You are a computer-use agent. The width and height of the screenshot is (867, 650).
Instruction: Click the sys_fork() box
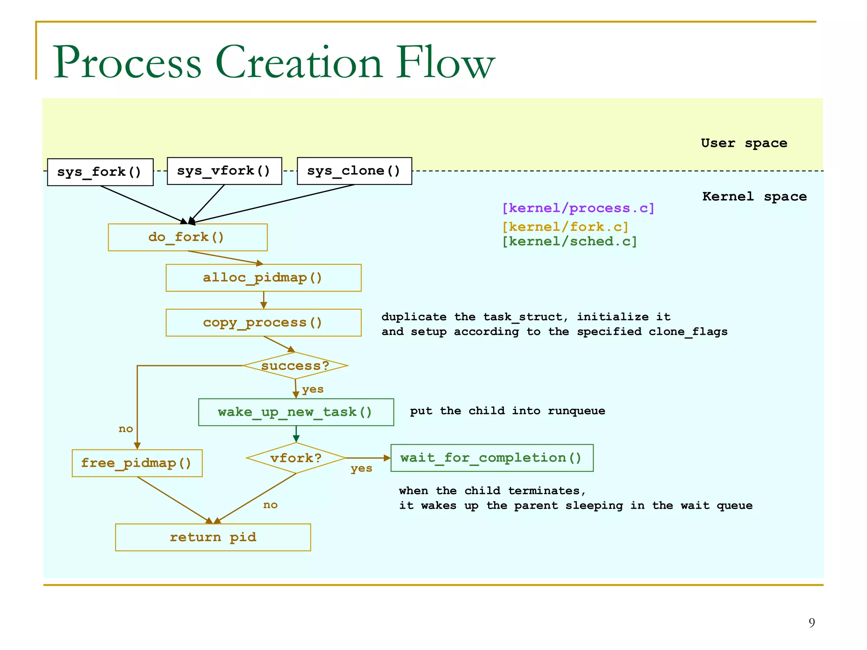pyautogui.click(x=100, y=172)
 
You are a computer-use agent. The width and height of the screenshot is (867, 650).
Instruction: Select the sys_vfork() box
pyautogui.click(x=224, y=171)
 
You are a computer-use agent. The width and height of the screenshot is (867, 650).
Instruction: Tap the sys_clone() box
pyautogui.click(x=354, y=171)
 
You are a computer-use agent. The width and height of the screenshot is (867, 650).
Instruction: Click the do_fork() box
pyautogui.click(x=187, y=237)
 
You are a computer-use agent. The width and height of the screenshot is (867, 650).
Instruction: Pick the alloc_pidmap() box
pyautogui.click(x=263, y=278)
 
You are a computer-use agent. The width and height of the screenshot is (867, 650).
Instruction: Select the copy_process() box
pyautogui.click(x=263, y=323)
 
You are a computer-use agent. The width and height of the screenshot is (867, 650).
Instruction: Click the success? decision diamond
pyautogui.click(x=295, y=366)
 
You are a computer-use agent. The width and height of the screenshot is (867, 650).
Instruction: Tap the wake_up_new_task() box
pyautogui.click(x=295, y=412)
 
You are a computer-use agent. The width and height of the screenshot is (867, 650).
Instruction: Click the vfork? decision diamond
pyautogui.click(x=296, y=458)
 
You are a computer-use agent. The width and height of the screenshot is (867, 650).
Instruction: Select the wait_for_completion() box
pyautogui.click(x=491, y=458)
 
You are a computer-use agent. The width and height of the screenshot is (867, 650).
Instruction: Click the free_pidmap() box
pyautogui.click(x=137, y=463)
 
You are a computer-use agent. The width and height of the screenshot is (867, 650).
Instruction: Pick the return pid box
pyautogui.click(x=213, y=537)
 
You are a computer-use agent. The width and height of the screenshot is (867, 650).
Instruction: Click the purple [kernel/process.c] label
pyautogui.click(x=578, y=208)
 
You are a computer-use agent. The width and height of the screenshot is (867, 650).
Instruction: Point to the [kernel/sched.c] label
pyautogui.click(x=569, y=242)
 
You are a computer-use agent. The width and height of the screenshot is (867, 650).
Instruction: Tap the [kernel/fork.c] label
pyautogui.click(x=565, y=227)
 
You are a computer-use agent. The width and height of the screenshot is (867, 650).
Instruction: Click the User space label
pyautogui.click(x=744, y=143)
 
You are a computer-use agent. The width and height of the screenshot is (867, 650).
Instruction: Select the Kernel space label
pyautogui.click(x=754, y=196)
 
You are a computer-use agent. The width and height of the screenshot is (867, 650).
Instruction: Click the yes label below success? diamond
pyautogui.click(x=312, y=389)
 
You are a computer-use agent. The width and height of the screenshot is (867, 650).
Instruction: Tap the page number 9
pyautogui.click(x=812, y=622)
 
